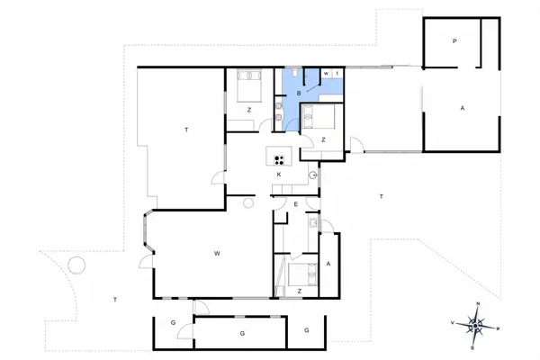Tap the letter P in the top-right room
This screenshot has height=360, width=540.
point(455,41)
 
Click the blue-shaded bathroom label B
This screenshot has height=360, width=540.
point(300,93)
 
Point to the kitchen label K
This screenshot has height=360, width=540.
point(279,174)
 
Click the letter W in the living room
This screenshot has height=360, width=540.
point(217,255)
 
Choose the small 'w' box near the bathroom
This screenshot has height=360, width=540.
point(326,73)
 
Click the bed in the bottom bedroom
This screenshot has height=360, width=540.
point(301,271)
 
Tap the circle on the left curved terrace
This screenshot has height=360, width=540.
point(76,265)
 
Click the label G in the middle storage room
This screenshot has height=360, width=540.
point(241,332)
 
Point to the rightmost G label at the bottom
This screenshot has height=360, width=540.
point(306,330)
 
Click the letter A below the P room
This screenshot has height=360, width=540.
point(462,108)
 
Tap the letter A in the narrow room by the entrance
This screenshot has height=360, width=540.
point(328,264)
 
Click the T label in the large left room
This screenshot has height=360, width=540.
point(186,130)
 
